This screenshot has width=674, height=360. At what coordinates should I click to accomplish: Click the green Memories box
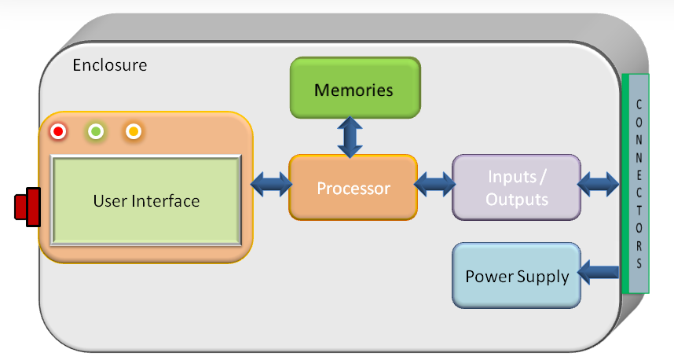point(355,88)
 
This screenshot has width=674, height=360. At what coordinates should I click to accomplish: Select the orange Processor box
point(353,188)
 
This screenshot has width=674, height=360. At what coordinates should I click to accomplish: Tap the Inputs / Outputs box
point(516,188)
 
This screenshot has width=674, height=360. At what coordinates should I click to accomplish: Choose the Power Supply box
point(516,276)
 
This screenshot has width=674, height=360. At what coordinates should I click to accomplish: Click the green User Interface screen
point(146,200)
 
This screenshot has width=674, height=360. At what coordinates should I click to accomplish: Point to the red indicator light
point(58,131)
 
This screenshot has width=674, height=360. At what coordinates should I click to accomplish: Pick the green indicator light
point(96,131)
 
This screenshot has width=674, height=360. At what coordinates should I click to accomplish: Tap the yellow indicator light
point(134,131)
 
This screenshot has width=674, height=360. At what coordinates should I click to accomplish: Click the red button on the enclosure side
point(27,207)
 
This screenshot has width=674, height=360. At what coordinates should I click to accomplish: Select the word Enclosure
point(110,65)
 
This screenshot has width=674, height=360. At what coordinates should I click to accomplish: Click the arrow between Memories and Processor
point(350,137)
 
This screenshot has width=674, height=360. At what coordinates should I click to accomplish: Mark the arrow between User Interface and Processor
point(271,185)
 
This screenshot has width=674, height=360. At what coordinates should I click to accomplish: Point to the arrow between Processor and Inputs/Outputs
point(434,185)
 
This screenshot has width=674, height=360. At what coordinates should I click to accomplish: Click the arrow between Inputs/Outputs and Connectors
point(598,185)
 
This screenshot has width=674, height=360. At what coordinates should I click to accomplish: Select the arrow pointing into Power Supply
point(598,272)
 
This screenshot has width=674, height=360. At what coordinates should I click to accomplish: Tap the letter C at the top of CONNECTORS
point(639,105)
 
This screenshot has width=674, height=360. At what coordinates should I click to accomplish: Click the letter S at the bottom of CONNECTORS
point(639,263)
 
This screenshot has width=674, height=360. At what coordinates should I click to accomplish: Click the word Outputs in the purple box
point(517,200)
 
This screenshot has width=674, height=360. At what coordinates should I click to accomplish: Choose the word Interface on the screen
point(166,201)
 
